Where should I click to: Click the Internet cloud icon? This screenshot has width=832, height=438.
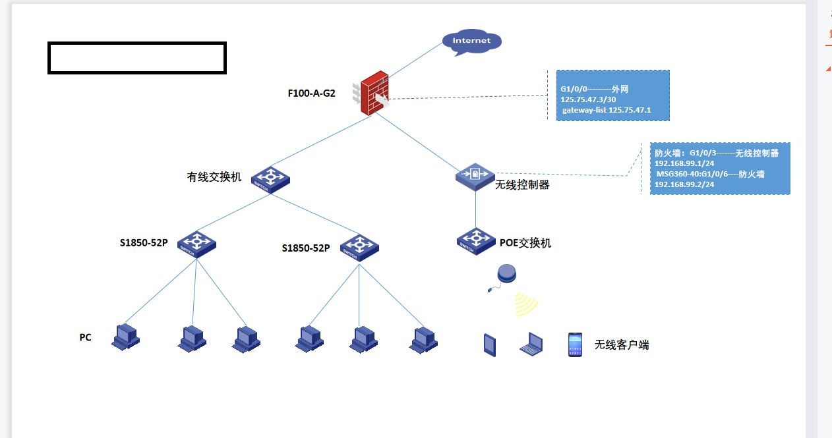pyautogui.click(x=471, y=41)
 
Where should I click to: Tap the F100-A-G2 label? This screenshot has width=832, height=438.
pyautogui.click(x=311, y=94)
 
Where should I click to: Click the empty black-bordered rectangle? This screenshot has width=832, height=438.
pyautogui.click(x=137, y=58)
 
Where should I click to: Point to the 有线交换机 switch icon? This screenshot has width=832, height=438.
pyautogui.click(x=270, y=178)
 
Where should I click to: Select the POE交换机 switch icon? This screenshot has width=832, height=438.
pyautogui.click(x=475, y=240)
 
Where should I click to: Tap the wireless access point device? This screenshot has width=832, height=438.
pyautogui.click(x=508, y=275)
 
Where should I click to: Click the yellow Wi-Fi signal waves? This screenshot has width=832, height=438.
pyautogui.click(x=527, y=304)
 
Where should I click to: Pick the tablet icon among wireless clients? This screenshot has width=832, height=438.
pyautogui.click(x=489, y=344)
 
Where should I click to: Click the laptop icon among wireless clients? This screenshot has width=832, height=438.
pyautogui.click(x=531, y=344)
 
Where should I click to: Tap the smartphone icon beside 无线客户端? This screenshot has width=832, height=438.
pyautogui.click(x=575, y=344)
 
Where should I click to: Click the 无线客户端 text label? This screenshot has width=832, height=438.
pyautogui.click(x=622, y=344)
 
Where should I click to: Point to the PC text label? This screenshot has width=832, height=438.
pyautogui.click(x=85, y=338)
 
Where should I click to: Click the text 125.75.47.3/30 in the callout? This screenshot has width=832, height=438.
pyautogui.click(x=588, y=99)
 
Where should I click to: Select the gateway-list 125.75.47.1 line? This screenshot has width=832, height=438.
pyautogui.click(x=606, y=110)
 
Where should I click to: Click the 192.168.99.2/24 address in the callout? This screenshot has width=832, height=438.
pyautogui.click(x=684, y=184)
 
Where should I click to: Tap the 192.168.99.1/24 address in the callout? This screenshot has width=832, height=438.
pyautogui.click(x=684, y=163)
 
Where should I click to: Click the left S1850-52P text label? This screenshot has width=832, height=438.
pyautogui.click(x=144, y=243)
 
